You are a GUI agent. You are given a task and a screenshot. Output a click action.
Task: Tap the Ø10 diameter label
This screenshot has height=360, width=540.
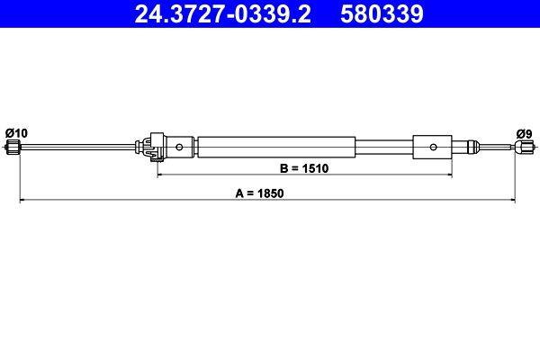pyautogui.click(x=16, y=132)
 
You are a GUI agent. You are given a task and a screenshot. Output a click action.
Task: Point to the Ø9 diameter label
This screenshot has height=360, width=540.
pyautogui.click(x=524, y=133)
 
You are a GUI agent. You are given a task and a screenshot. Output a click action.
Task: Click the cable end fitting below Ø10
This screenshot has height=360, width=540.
pyautogui.click(x=13, y=147)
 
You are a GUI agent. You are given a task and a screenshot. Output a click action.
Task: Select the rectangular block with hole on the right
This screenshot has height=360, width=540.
pyautogui.click(x=432, y=146)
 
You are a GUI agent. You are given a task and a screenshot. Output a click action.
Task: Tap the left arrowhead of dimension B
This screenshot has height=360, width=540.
pyautogui.click(x=162, y=175)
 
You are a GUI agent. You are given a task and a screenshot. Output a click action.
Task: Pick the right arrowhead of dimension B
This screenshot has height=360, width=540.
pyautogui.click(x=448, y=175)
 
